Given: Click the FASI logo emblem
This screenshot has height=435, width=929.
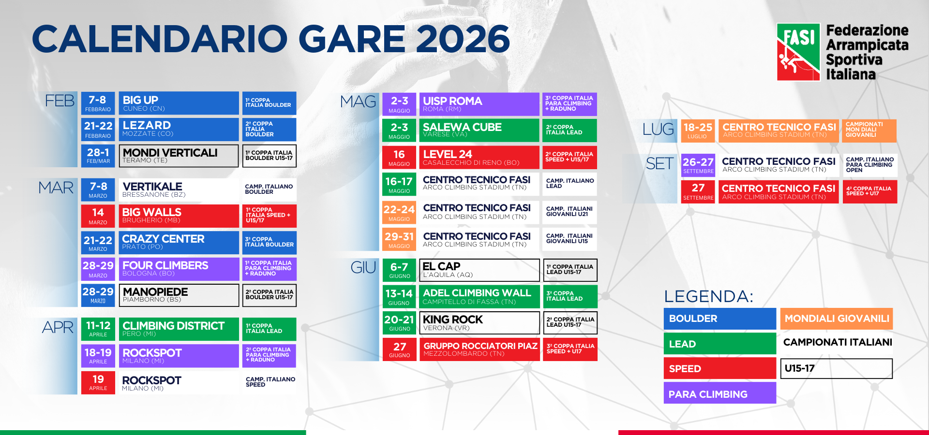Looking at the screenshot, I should point(798,52).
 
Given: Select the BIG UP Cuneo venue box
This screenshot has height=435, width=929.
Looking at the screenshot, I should point(179,103).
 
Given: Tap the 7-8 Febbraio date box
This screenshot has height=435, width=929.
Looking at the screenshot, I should point(98,103).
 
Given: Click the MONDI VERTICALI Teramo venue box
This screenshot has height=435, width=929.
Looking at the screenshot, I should point(179,156).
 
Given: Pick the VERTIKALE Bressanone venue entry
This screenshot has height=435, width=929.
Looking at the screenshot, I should point(179,190).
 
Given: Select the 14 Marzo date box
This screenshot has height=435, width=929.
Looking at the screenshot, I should point(98,216).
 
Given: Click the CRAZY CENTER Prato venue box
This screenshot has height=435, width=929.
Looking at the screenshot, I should point(179,243).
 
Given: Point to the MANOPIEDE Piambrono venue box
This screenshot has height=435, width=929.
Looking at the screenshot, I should point(179,295).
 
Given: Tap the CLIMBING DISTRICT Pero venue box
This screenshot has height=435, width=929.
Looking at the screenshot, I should point(179,329).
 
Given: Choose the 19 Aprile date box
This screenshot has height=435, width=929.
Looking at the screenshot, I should point(98,382).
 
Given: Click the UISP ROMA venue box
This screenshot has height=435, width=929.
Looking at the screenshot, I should point(479,104).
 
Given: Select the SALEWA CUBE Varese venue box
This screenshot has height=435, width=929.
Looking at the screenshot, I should point(479,130).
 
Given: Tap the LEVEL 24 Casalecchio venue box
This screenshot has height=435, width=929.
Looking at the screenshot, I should point(479,158).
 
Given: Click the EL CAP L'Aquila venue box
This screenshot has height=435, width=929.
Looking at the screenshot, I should point(479,270).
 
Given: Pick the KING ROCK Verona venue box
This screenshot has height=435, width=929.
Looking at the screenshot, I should point(479,323).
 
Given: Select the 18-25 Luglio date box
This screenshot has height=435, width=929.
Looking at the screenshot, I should point(697,130).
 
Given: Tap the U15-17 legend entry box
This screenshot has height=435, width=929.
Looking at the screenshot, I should point(836,369).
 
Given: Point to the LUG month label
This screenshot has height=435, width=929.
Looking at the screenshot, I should point(658,129).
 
